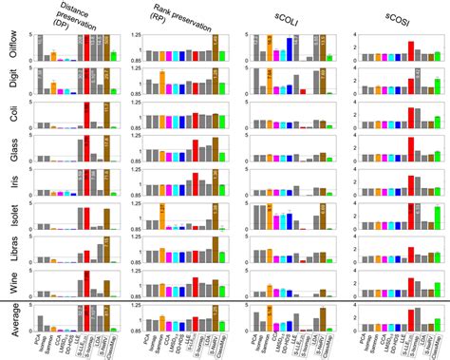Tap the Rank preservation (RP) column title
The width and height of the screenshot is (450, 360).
pyautogui.click(x=177, y=16)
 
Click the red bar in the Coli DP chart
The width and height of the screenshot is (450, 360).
pyautogui.click(x=86, y=115)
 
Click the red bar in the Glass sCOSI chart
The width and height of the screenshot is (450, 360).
pyautogui.click(x=410, y=146)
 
